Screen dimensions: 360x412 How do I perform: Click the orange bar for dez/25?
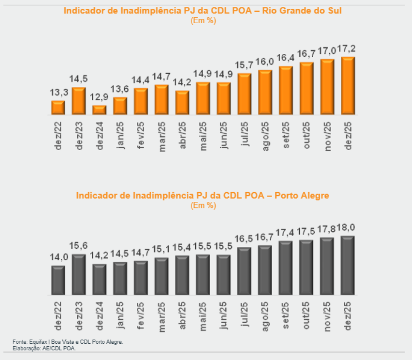pos(348,85)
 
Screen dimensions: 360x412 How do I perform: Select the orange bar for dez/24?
pos(99,110)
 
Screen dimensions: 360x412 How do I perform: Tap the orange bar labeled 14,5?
pos(79,100)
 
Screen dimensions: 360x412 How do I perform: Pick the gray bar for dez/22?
pos(58,280)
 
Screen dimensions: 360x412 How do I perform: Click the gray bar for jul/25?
pos(245,271)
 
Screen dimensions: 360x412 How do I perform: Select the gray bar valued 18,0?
pos(348,265)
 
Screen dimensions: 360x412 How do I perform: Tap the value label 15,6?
pos(79,246)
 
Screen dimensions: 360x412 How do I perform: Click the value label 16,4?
pos(286,58)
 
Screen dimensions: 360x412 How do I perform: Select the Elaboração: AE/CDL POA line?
pos(44,348)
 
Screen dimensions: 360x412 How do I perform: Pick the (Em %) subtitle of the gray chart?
pos(203,205)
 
